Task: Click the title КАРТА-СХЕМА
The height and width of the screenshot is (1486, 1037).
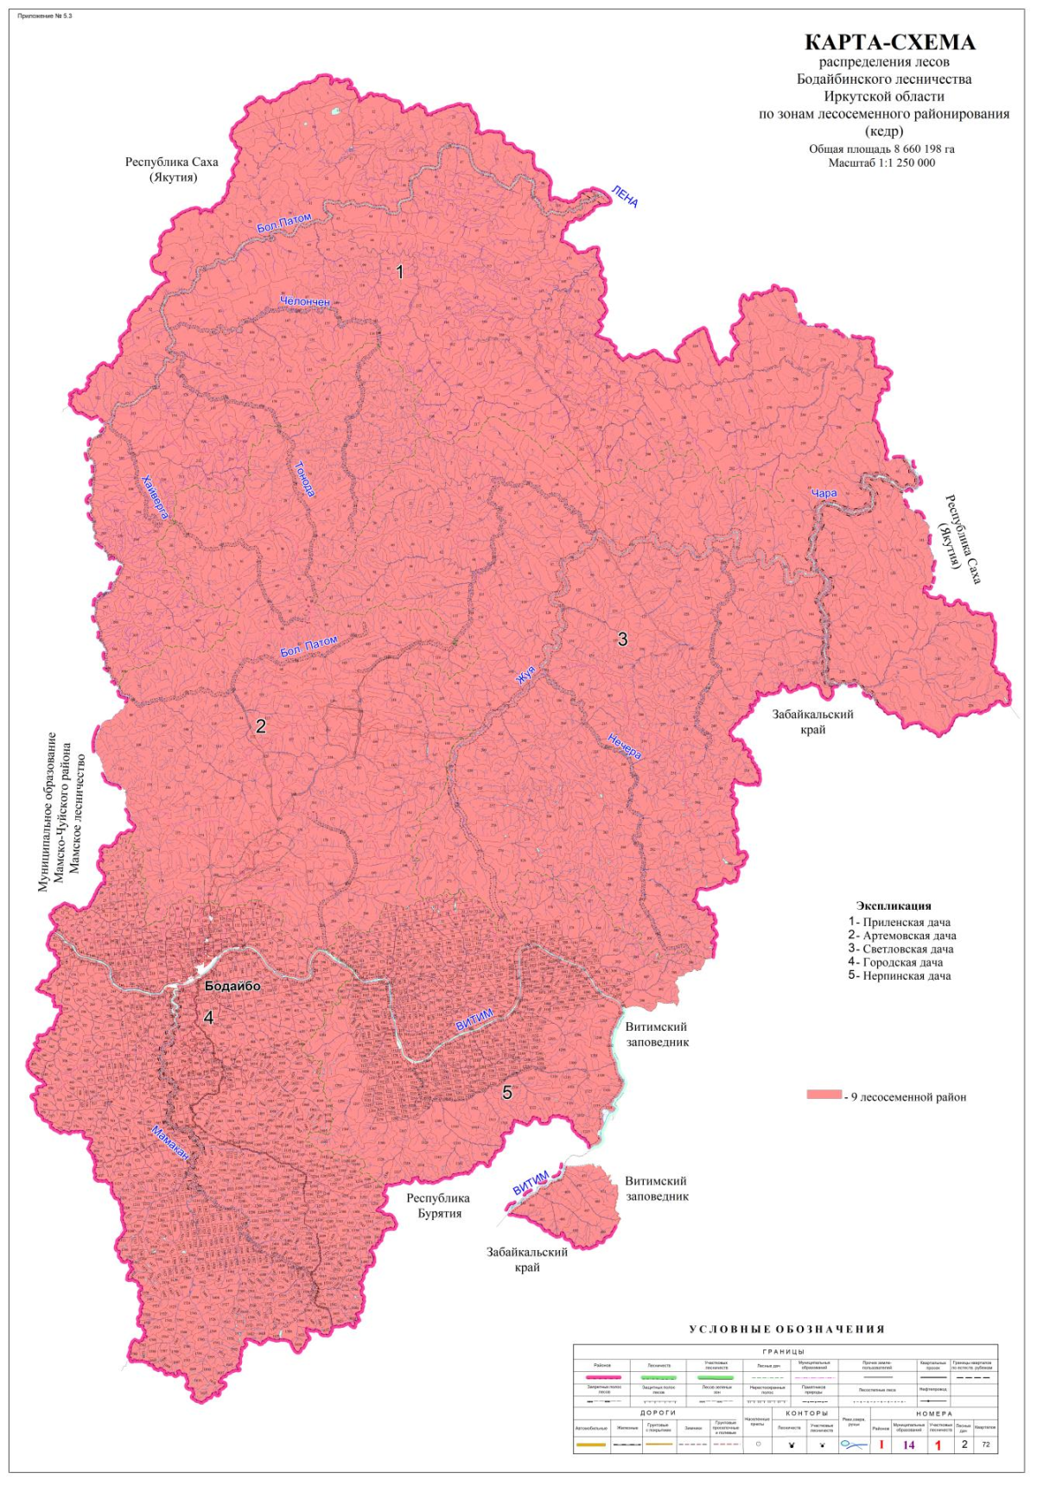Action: (889, 42)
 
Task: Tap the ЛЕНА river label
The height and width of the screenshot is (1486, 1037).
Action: (624, 197)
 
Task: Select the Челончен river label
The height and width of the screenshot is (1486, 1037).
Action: (304, 302)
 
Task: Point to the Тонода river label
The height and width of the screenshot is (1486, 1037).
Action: (305, 479)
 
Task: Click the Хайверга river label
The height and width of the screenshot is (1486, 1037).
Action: (155, 497)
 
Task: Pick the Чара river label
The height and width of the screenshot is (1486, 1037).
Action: (824, 493)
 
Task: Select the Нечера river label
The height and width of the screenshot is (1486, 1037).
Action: (625, 746)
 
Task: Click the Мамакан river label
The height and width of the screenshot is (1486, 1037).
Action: (171, 1148)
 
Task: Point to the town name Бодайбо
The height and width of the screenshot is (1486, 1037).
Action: (232, 986)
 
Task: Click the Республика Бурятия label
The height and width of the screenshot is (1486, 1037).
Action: (438, 1205)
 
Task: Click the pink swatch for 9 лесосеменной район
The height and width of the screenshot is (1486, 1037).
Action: (824, 1095)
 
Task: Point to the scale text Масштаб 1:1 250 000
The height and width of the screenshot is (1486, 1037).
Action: (881, 162)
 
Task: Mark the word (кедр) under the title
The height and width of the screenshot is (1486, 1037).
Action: (883, 131)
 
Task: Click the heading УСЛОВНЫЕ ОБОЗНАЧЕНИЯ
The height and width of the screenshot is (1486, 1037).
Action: (786, 1329)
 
